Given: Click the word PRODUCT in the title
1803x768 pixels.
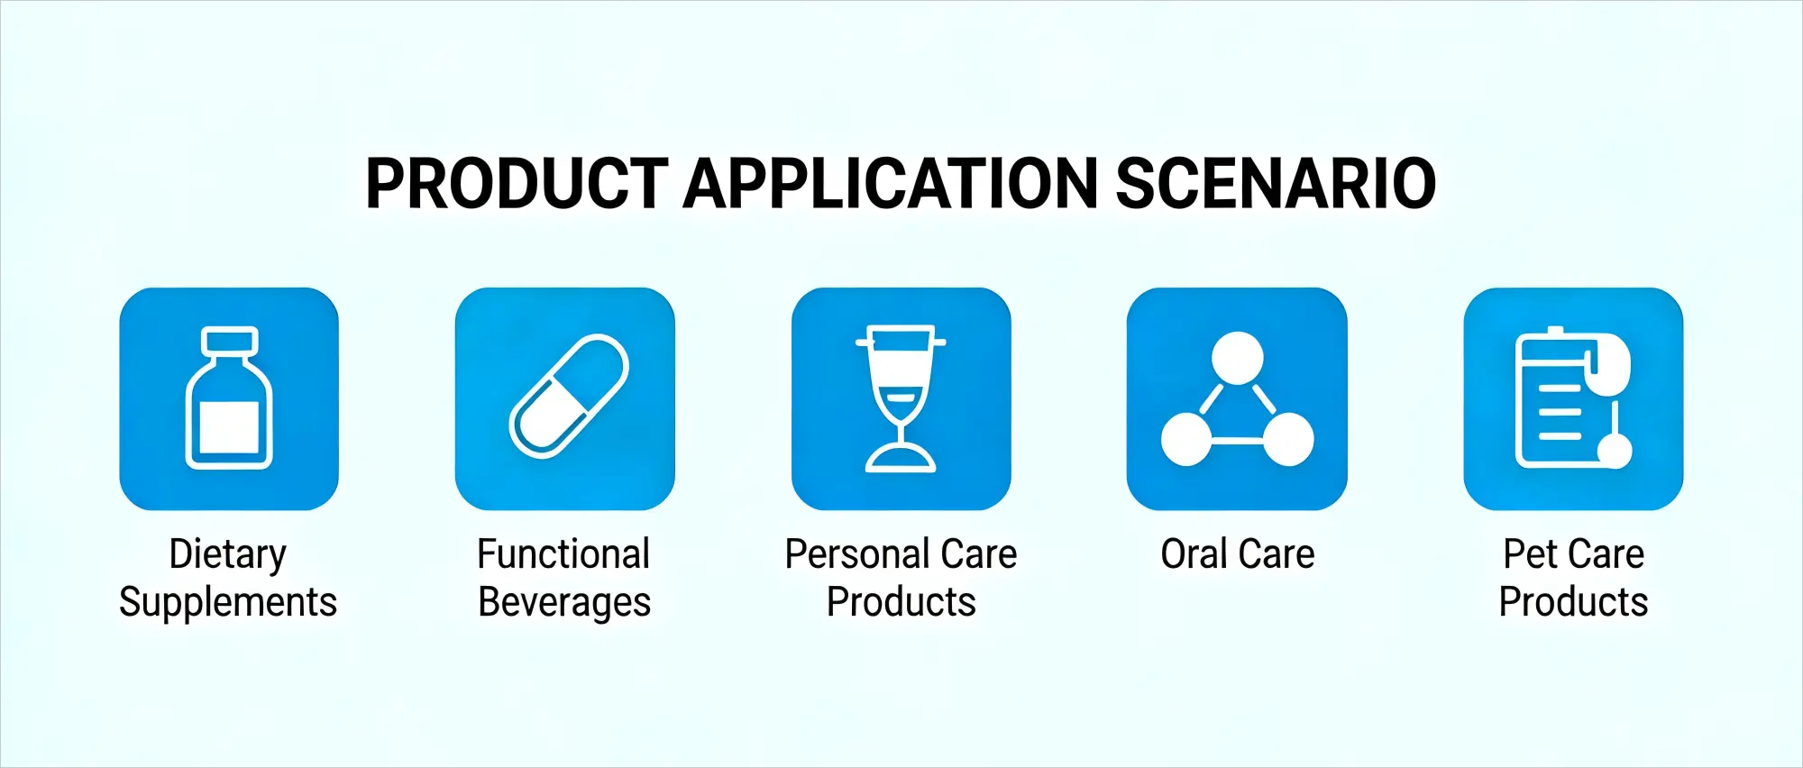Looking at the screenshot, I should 517,184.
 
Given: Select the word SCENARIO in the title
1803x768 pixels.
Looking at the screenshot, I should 1275,184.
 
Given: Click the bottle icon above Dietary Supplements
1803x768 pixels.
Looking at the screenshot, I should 229,398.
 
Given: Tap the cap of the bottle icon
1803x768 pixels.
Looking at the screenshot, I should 230,341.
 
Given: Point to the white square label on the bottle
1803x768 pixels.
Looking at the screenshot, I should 230,426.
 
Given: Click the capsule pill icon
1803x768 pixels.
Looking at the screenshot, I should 568,397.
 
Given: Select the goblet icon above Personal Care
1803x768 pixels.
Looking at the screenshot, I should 901,398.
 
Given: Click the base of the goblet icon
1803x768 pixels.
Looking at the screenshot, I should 901,460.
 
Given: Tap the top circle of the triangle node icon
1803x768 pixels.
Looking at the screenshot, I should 1237,358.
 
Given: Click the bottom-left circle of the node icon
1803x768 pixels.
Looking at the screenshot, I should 1186,439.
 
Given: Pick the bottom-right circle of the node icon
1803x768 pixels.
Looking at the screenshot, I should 1288,439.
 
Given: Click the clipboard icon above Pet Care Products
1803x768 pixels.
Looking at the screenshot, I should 1563,398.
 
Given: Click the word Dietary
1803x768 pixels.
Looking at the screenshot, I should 228,554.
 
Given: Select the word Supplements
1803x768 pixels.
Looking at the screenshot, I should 228,602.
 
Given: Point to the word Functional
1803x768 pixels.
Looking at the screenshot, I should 563,554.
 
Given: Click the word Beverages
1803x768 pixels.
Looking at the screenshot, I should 564,602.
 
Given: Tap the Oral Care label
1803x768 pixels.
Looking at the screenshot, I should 1237,554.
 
